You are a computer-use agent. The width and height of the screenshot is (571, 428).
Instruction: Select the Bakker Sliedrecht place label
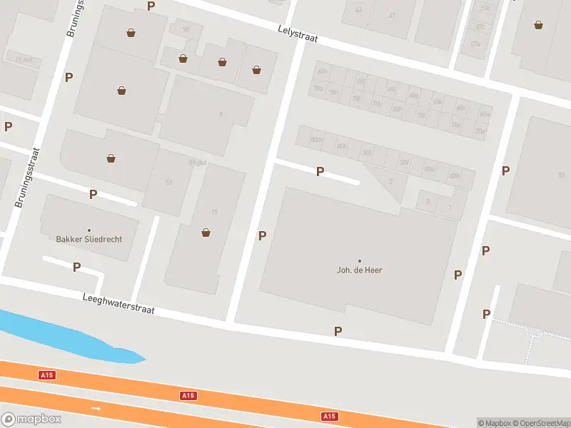click(89, 239)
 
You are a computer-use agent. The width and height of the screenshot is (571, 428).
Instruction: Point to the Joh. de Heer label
click(360, 270)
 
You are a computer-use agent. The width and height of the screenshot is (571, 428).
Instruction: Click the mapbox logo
click(31, 419)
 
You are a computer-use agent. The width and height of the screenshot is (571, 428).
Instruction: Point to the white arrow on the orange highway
click(96, 409)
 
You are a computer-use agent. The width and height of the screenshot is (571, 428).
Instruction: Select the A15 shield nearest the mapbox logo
click(46, 374)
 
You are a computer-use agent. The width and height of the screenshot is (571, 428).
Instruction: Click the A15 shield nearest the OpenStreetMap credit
click(329, 416)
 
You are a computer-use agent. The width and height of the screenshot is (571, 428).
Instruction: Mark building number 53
click(168, 182)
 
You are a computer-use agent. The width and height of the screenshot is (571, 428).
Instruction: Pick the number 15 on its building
click(214, 211)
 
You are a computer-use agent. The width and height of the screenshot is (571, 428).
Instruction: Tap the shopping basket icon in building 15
click(206, 232)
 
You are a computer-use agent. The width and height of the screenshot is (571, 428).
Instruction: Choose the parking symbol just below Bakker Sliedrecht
click(76, 267)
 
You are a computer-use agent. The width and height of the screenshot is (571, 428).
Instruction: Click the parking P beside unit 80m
click(320, 171)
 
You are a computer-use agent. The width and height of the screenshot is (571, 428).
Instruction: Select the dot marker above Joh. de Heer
click(360, 260)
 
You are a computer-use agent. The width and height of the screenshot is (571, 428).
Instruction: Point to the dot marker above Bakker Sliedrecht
click(89, 230)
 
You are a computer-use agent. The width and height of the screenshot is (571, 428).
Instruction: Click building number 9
click(221, 114)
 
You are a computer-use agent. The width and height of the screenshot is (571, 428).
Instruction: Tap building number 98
click(186, 29)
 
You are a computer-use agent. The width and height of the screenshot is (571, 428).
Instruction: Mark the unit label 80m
click(315, 141)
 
